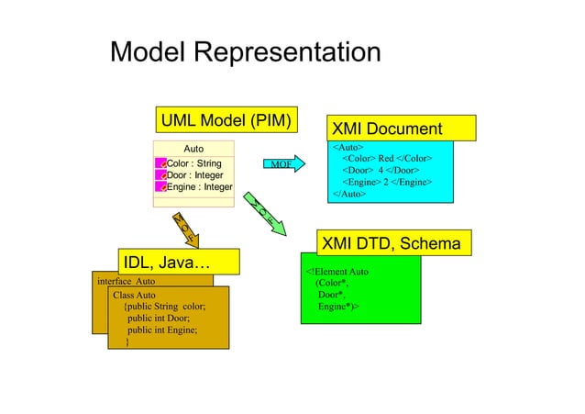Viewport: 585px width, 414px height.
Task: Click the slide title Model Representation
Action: pos(245,52)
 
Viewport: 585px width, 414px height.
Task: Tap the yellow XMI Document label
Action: pos(400,129)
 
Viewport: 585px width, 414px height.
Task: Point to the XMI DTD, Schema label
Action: pos(395,243)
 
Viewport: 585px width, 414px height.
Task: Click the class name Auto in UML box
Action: pos(193,148)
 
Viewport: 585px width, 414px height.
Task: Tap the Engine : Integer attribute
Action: pos(198,187)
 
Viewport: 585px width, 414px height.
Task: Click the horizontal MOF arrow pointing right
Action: pos(282,164)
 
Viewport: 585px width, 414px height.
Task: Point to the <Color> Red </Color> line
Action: pos(385,159)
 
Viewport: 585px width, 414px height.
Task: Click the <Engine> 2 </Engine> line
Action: pos(386,183)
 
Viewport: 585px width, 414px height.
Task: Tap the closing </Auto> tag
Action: pos(348,195)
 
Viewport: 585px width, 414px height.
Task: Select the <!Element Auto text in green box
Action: pos(337,272)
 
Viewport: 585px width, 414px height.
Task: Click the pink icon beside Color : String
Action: pos(160,163)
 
